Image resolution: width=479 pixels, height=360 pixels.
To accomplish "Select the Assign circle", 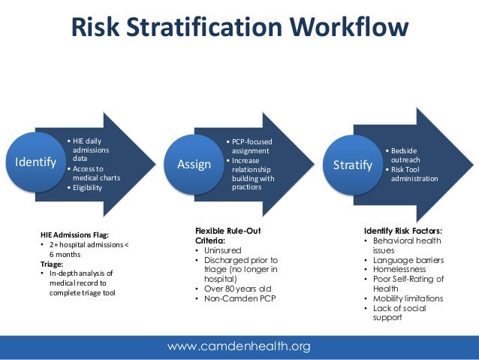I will click(194, 164).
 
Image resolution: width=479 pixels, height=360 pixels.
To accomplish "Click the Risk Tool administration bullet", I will click(414, 174).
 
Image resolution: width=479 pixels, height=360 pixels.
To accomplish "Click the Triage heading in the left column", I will click(52, 264).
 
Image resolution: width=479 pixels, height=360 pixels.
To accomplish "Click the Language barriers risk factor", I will click(408, 259).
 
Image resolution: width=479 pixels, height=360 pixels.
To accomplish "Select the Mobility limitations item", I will click(411, 298).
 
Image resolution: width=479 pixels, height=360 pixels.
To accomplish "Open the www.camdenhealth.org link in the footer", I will click(239, 346).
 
